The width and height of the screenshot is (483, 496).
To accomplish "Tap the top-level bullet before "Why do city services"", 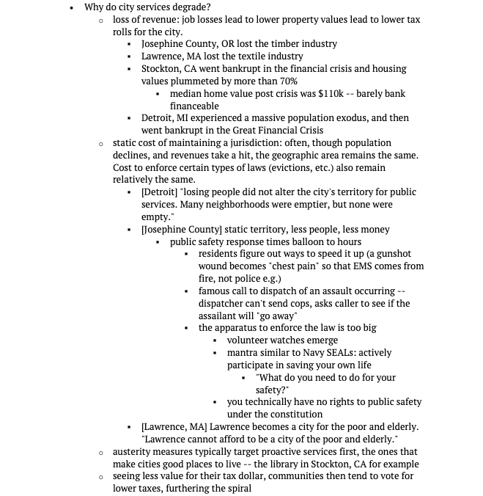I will pos(70,7).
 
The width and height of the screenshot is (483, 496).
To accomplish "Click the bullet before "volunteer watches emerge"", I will pos(215,341).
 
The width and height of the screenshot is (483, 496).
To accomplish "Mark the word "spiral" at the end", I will pos(237,489).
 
